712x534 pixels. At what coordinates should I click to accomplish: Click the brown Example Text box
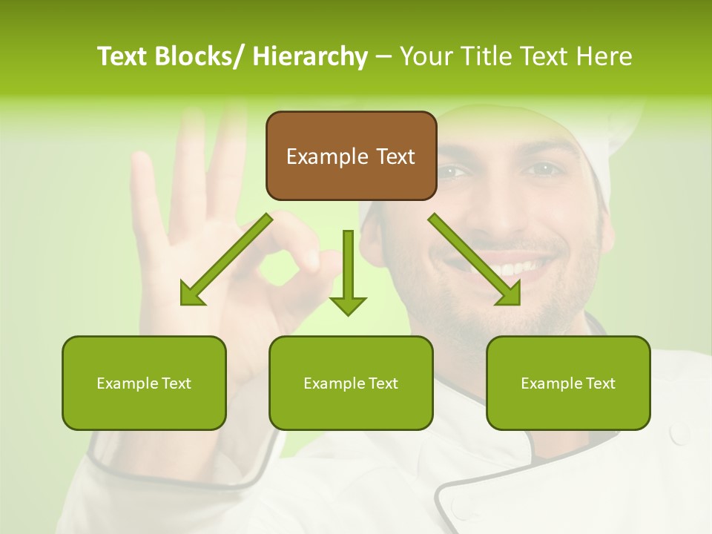(x=351, y=156)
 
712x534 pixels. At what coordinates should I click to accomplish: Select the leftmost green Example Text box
(x=144, y=383)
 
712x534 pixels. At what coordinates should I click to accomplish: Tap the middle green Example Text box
(x=351, y=383)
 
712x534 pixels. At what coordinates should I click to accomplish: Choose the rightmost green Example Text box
(x=568, y=383)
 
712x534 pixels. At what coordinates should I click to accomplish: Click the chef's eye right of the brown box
(x=545, y=169)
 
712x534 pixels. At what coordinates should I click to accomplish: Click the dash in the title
(x=383, y=56)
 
